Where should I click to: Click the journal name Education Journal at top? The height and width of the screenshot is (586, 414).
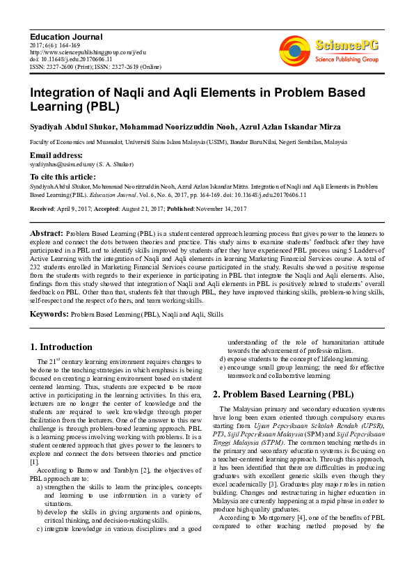pos(67,36)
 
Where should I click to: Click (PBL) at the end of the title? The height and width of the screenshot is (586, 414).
pos(99,108)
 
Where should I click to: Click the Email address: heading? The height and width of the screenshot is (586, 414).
pos(56,155)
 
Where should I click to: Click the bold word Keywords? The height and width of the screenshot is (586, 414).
pos(49,314)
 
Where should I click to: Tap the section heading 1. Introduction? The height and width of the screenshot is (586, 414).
pos(61,347)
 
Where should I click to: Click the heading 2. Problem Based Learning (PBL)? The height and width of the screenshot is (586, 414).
pos(283,394)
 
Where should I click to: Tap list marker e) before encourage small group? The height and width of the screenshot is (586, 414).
pos(223,367)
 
